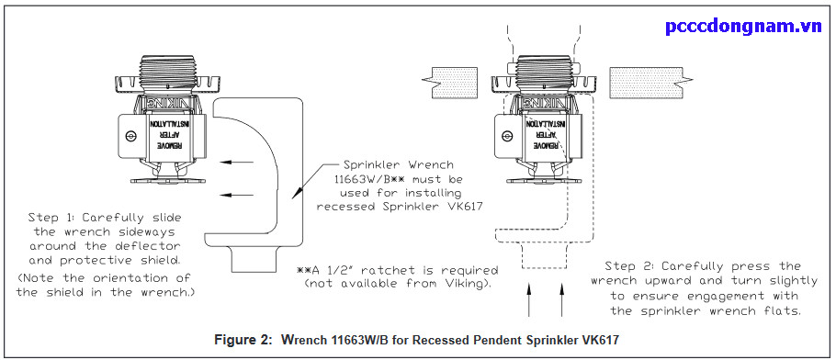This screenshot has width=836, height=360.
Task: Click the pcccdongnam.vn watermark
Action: (744, 25)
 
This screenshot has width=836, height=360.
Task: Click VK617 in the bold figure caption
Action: (598, 340)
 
